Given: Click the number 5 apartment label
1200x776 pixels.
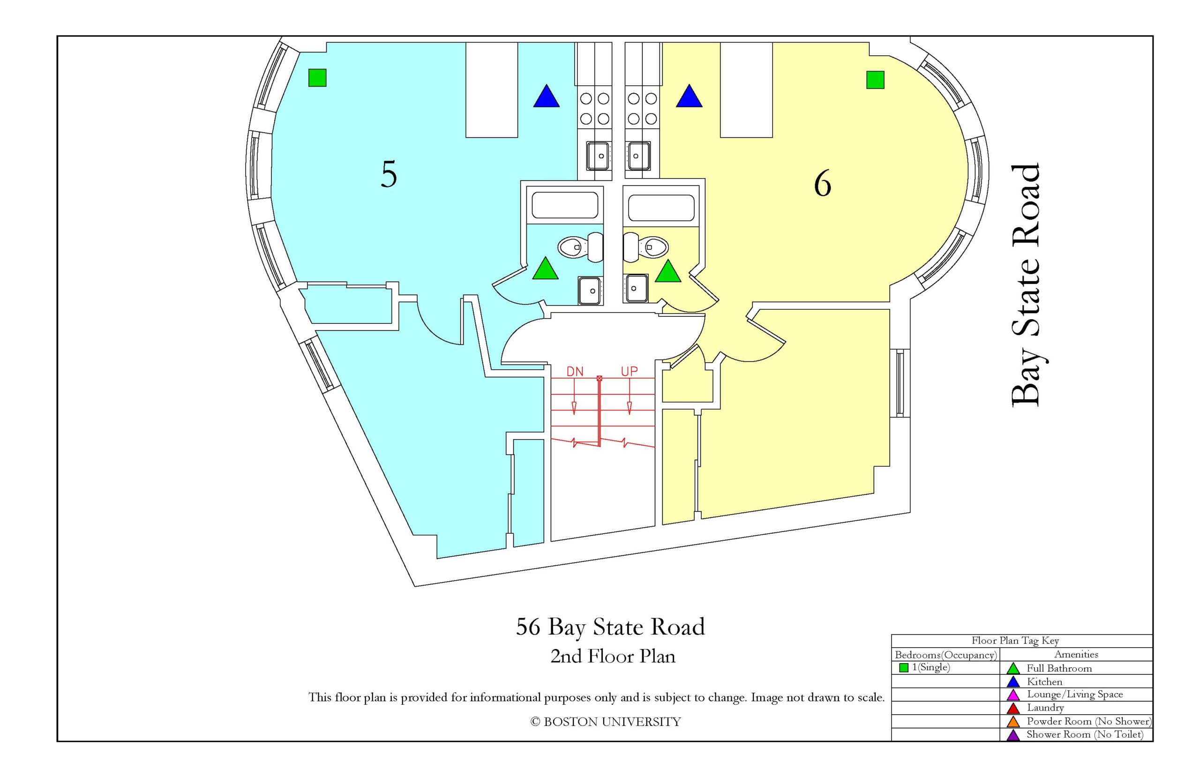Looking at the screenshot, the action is (389, 174).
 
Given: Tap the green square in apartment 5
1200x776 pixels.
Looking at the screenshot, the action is (317, 78).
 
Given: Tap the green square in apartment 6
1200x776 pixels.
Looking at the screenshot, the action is (875, 80).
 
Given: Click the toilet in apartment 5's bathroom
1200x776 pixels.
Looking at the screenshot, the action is (581, 247).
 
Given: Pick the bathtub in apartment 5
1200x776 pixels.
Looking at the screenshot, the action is (565, 206).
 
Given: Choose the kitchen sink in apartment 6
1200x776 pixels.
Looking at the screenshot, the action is (637, 156).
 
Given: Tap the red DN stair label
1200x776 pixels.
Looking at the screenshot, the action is (575, 372).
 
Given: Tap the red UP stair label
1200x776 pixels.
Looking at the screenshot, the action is (629, 372).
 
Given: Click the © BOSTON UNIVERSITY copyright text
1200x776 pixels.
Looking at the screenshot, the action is (605, 722).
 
